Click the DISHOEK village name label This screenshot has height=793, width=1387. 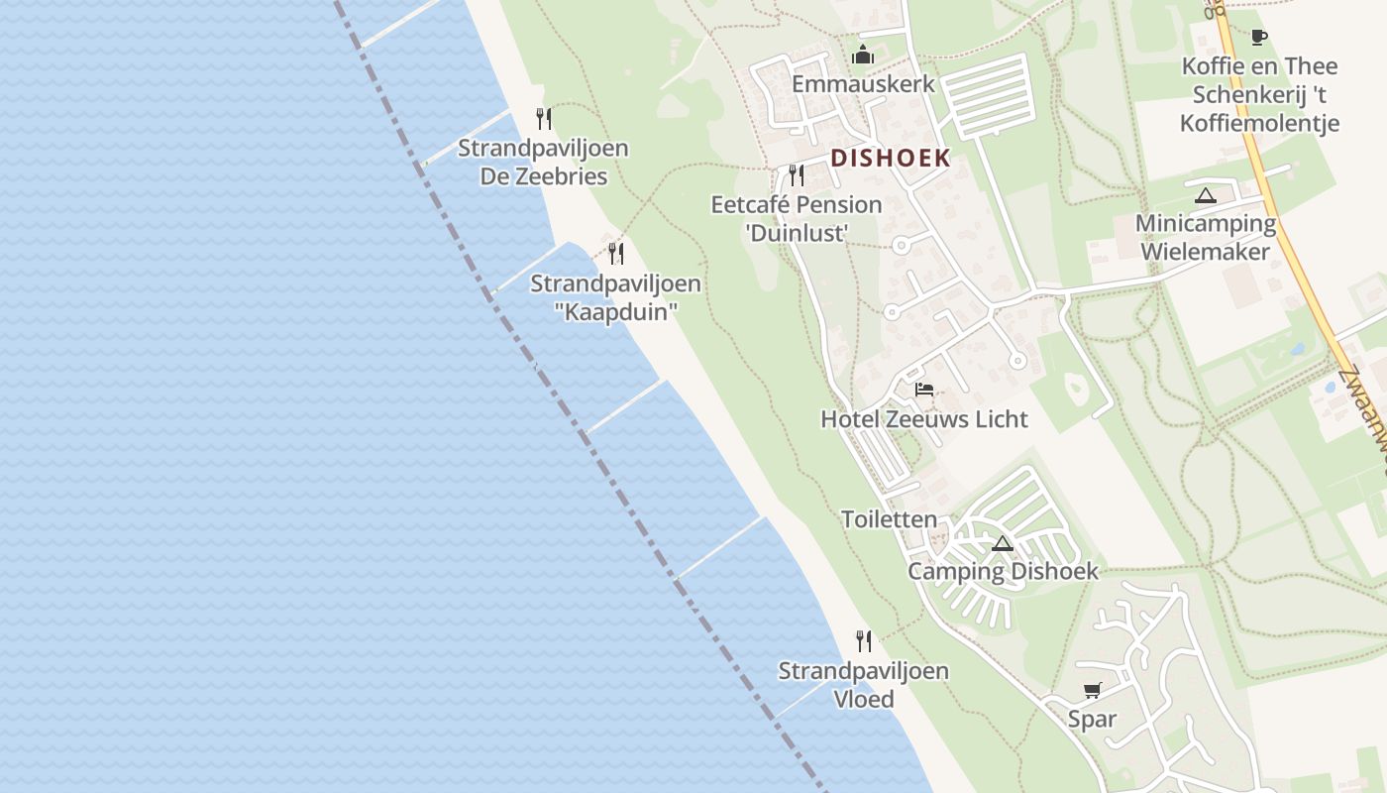coord(890,158)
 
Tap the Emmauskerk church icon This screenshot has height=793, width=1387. coord(863,55)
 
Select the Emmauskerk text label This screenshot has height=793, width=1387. coord(863,83)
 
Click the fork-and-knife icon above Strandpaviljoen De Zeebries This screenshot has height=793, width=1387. coord(543,119)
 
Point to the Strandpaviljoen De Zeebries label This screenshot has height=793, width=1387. coord(543,163)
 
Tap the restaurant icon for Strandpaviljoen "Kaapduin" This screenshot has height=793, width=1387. coord(616,254)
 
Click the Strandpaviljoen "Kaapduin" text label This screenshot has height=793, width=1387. coord(615,297)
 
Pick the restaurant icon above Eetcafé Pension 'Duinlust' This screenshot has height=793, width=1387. coord(797,175)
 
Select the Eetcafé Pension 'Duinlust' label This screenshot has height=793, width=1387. coord(797,219)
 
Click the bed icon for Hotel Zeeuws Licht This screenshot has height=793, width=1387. coord(924,390)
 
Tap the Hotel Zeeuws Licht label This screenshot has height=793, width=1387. coord(924,419)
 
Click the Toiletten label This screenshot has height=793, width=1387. coord(889,519)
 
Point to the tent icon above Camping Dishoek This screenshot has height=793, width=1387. coord(1003,543)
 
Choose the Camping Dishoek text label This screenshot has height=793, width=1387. coord(1004,572)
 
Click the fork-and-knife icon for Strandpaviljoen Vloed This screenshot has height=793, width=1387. coord(864,641)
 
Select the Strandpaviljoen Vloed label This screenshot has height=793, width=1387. coord(863,685)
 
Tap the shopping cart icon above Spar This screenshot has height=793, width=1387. coord(1092,690)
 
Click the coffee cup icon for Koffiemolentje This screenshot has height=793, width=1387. coord(1258,38)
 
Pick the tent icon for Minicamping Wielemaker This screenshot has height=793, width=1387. coord(1205,195)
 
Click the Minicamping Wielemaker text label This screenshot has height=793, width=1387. coord(1205,237)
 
